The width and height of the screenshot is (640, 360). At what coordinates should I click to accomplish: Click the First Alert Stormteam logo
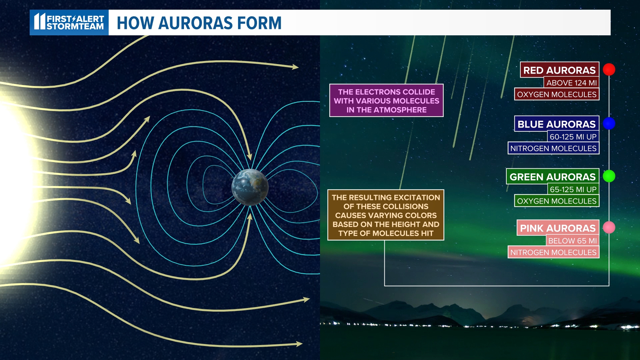69,22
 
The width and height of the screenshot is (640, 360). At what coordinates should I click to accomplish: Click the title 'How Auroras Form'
199,23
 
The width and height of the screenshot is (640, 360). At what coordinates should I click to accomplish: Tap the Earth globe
250,187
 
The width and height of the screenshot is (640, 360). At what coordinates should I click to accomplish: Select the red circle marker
609,70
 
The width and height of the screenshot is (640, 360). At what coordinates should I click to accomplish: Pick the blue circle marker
609,123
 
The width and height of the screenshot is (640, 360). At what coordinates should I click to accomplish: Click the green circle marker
609,176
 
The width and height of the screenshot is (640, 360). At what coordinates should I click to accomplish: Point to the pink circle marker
609,227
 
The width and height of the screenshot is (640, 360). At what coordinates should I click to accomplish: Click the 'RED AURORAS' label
559,70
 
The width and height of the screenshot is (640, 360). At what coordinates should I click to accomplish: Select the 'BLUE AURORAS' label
556,124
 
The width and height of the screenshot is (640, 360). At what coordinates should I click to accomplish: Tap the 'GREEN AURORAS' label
552,177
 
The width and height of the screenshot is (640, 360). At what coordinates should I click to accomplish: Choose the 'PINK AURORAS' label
558,228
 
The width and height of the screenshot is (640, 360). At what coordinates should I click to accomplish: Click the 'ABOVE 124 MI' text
571,83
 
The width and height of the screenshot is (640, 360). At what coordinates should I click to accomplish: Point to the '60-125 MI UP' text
573,137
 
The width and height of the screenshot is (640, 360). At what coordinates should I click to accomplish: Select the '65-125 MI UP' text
573,189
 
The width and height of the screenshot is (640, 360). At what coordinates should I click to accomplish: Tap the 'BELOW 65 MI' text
572,241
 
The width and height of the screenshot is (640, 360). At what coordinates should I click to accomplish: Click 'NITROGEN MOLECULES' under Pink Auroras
553,252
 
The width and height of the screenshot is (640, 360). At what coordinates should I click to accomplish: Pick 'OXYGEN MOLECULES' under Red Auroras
557,94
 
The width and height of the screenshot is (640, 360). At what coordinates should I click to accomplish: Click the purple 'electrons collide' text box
386,101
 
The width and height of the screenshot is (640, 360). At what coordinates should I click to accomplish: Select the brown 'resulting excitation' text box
386,215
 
